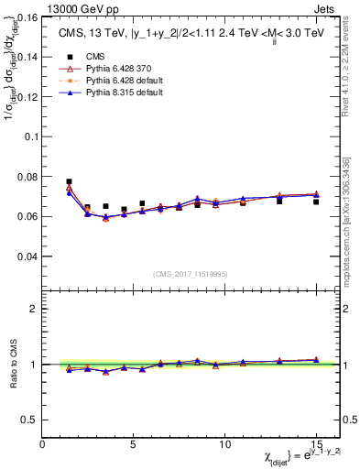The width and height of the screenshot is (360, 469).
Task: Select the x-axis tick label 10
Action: [x=224, y=443]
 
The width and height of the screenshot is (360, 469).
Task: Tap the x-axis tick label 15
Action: [x=315, y=443]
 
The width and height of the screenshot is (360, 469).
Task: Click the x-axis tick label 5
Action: [x=133, y=443]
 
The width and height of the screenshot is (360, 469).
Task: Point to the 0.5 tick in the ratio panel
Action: [x=29, y=420]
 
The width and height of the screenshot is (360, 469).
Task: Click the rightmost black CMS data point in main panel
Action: [x=316, y=202]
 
